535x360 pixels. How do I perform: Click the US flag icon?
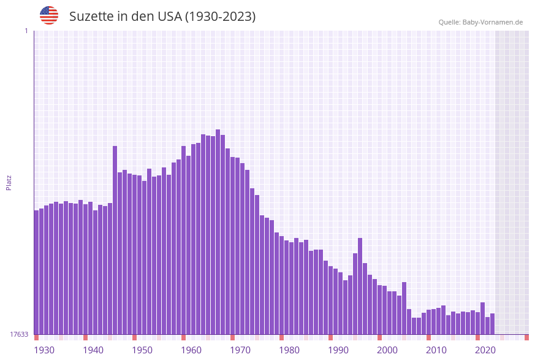pyautogui.click(x=49, y=15)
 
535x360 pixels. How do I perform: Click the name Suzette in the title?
pyautogui.click(x=91, y=17)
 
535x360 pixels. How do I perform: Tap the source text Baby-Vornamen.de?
pyautogui.click(x=493, y=22)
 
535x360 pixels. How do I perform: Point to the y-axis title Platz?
pyautogui.click(x=9, y=182)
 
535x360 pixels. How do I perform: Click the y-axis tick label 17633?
pyautogui.click(x=19, y=334)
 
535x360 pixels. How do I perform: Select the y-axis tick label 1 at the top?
pyautogui.click(x=26, y=31)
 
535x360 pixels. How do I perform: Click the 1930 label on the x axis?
pyautogui.click(x=44, y=350)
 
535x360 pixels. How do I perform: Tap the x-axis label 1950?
pyautogui.click(x=142, y=350)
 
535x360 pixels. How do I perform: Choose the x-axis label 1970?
pyautogui.click(x=240, y=350)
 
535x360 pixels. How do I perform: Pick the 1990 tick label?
pyautogui.click(x=338, y=350)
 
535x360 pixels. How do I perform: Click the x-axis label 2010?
pyautogui.click(x=436, y=350)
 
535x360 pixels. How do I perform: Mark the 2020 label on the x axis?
pyautogui.click(x=485, y=350)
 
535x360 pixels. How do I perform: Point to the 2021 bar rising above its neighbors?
pyautogui.click(x=482, y=318)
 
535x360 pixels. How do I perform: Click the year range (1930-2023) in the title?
pyautogui.click(x=221, y=17)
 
